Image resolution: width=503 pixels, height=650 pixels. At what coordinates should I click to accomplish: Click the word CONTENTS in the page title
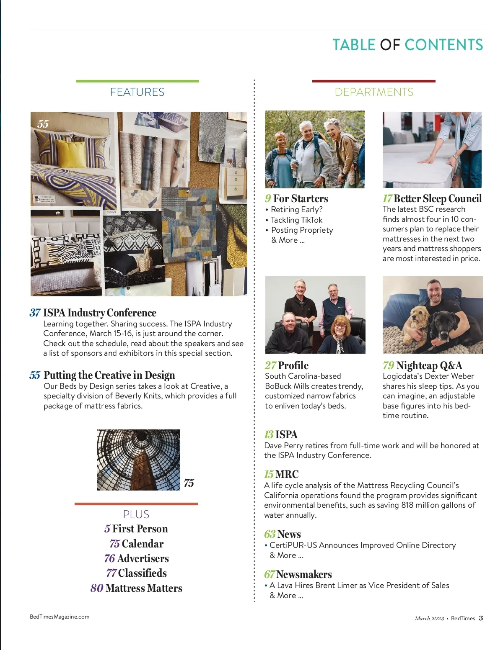pyautogui.click(x=443, y=45)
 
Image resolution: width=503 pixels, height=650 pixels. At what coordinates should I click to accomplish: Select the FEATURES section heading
pyautogui.click(x=137, y=92)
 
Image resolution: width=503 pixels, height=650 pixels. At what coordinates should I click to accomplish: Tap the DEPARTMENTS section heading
pyautogui.click(x=374, y=92)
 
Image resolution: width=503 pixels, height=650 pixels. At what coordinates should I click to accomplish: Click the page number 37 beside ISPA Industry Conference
pyautogui.click(x=35, y=313)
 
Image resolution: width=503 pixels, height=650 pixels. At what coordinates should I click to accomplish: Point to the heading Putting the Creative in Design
pyautogui.click(x=109, y=375)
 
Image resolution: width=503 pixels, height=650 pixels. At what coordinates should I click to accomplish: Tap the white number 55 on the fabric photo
pyautogui.click(x=43, y=124)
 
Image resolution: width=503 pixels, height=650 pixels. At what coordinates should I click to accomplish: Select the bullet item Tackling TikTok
pyautogui.click(x=297, y=220)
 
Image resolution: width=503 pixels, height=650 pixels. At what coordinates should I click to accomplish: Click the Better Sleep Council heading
pyautogui.click(x=438, y=198)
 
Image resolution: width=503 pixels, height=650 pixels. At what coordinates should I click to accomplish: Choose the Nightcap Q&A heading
pyautogui.click(x=429, y=365)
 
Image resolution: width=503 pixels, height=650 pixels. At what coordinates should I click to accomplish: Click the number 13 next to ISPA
pyautogui.click(x=269, y=434)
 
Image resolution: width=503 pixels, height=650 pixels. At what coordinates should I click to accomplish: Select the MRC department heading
pyautogui.click(x=287, y=474)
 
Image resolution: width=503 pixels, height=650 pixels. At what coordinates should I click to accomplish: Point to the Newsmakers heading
pyautogui.click(x=304, y=574)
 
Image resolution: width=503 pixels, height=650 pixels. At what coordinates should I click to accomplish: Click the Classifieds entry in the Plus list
pyautogui.click(x=142, y=573)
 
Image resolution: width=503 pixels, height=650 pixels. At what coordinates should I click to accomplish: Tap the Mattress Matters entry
pyautogui.click(x=144, y=588)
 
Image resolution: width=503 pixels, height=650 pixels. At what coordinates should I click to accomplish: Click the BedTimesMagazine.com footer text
pyautogui.click(x=60, y=617)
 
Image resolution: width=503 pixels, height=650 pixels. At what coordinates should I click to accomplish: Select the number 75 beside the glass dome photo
pyautogui.click(x=189, y=483)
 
